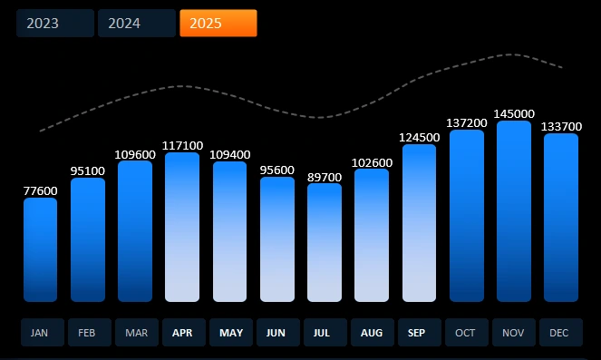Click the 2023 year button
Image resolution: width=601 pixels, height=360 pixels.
54,24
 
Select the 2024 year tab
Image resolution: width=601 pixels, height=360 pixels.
136,24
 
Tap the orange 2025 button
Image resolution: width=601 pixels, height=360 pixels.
218,24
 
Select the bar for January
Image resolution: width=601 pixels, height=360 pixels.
40,249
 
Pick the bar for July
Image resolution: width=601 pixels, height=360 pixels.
325,242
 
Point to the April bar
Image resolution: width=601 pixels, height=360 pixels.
182,227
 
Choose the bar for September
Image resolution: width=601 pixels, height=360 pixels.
419,222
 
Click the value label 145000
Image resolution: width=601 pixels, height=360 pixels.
514,113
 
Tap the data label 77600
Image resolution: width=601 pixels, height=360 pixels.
40,190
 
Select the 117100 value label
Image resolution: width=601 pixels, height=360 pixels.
182,145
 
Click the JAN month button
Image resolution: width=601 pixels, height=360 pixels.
40,333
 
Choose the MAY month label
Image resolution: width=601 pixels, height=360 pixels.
230,333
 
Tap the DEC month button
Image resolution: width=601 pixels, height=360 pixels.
560,333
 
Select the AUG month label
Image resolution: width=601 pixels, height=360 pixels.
372,333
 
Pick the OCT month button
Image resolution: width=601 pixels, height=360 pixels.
466,333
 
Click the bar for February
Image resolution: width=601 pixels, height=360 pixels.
88,239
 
